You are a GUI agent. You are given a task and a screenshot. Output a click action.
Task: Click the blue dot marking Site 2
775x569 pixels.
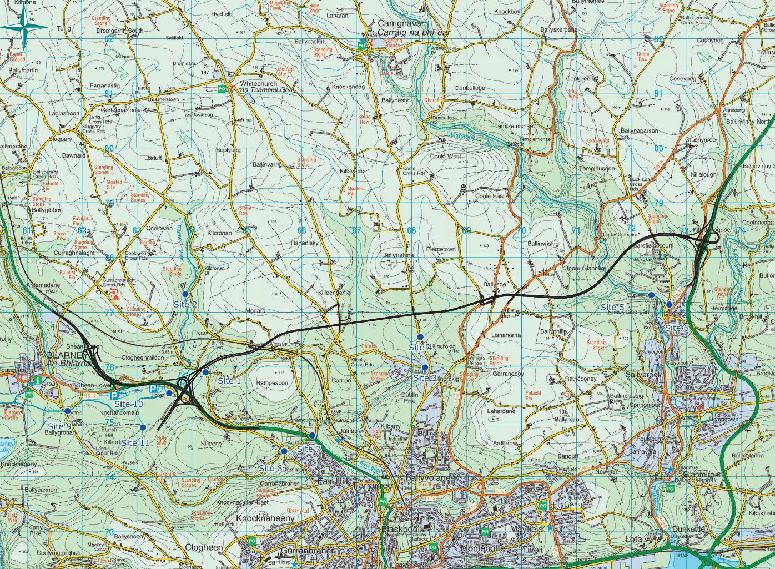point(185,293)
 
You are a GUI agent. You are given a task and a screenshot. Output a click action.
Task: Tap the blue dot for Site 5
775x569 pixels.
point(651,295)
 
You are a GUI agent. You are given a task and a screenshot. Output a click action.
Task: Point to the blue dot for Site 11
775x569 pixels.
point(143,427)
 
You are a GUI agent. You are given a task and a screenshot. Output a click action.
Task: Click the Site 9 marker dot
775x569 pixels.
point(68,411)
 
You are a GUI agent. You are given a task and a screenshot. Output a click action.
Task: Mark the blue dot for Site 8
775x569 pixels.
point(284,451)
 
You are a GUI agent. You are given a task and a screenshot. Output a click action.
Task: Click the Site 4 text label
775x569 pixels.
point(420,347)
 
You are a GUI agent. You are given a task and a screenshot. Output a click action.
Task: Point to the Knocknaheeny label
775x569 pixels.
point(264,518)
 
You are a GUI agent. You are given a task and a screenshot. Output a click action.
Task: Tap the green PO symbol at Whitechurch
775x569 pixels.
point(222,88)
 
